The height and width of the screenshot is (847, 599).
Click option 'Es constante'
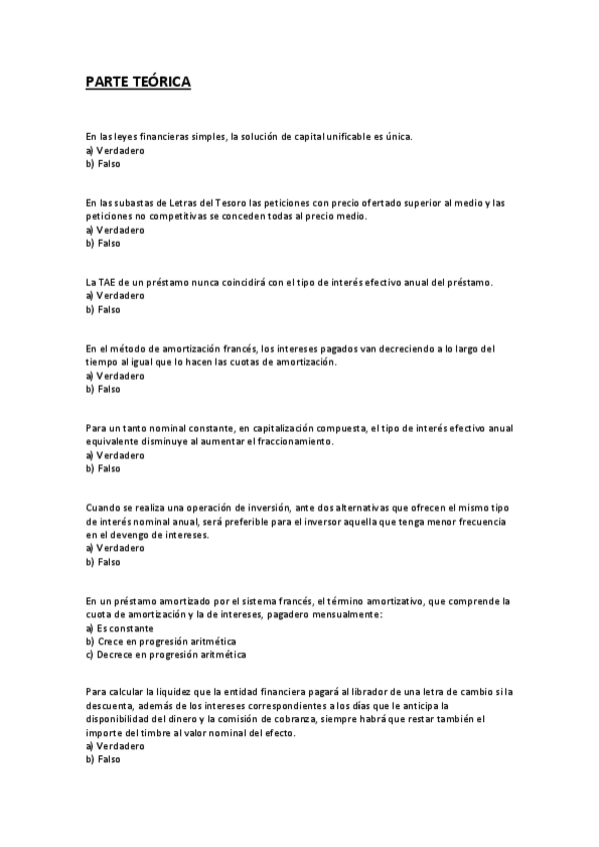[x=124, y=628]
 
